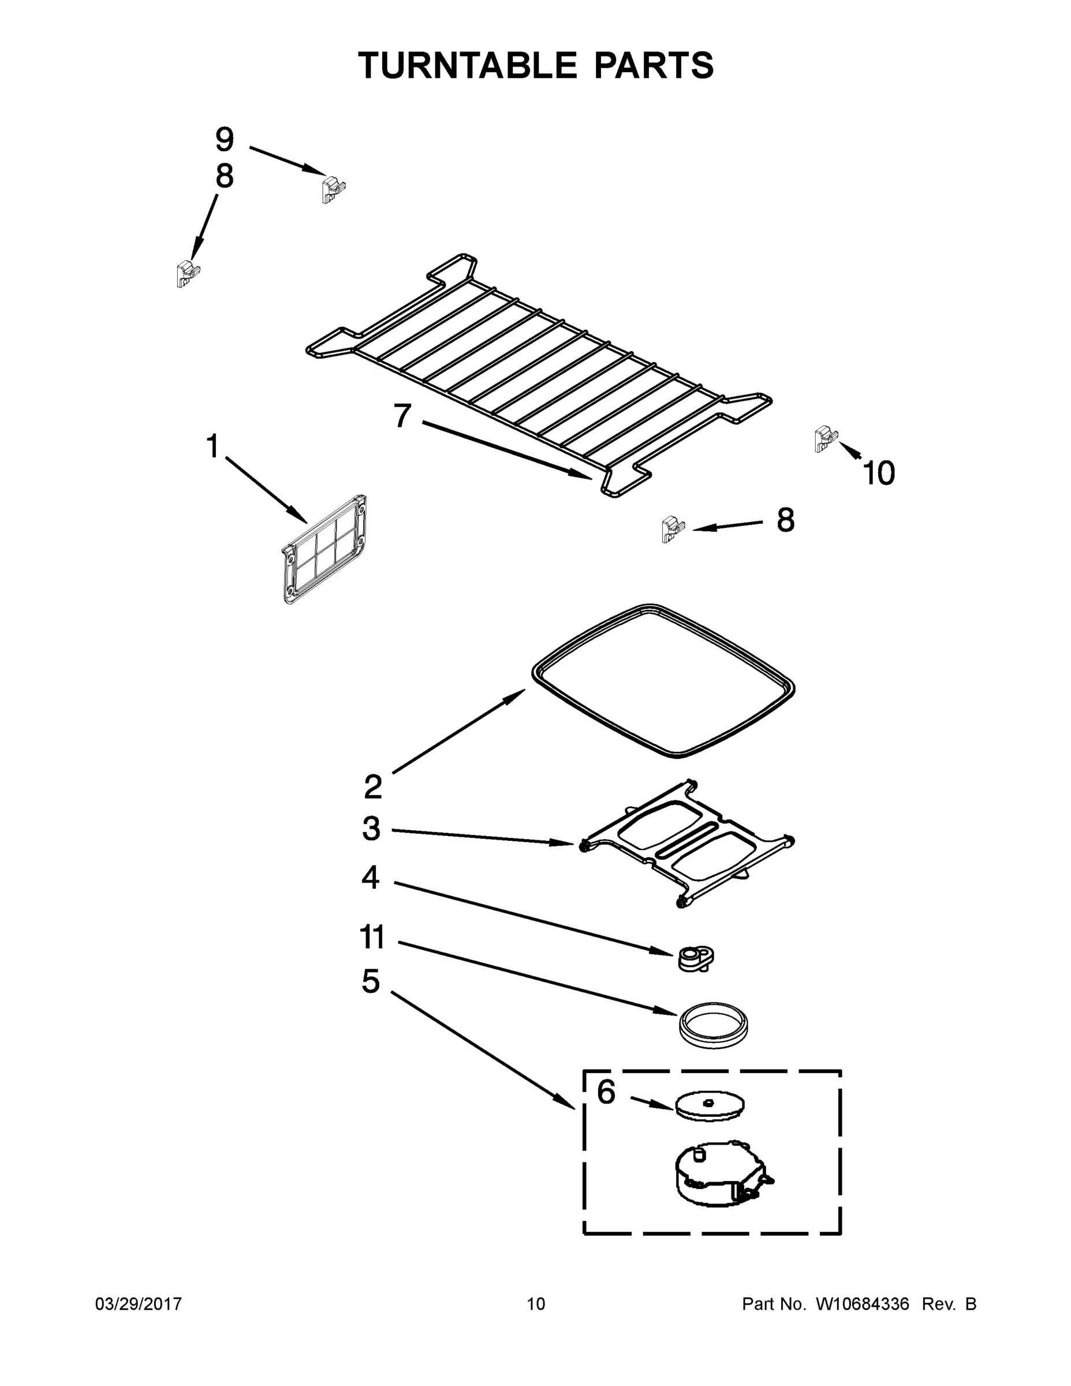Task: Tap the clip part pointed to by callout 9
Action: coord(333,188)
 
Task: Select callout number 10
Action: coord(879,473)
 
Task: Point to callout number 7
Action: coord(402,416)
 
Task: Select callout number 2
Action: coord(373,787)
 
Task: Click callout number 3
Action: coord(371,828)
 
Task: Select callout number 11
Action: coord(372,937)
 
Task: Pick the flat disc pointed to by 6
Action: coord(710,1105)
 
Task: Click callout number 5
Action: coord(371,981)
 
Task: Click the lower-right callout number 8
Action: coord(785,520)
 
